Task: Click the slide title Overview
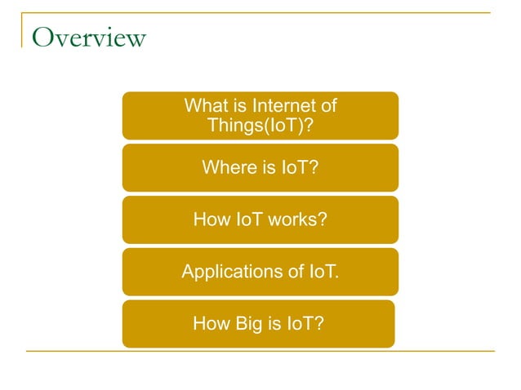(x=88, y=38)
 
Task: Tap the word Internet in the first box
(x=283, y=106)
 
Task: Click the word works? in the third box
(x=296, y=219)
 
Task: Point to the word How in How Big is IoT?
(x=209, y=324)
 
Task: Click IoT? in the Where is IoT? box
(x=300, y=168)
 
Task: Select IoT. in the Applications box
(x=323, y=272)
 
